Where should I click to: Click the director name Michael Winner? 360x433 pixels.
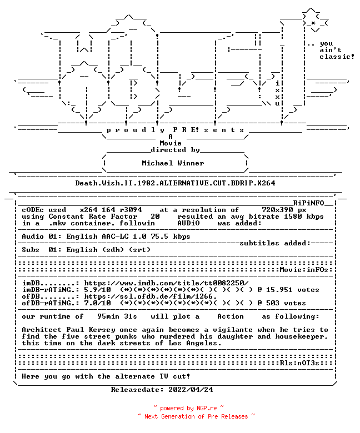click(x=173, y=163)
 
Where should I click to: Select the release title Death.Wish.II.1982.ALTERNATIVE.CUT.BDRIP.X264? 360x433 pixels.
click(x=175, y=183)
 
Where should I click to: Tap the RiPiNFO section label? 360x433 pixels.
click(x=308, y=203)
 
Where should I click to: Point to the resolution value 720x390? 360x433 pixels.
click(x=277, y=210)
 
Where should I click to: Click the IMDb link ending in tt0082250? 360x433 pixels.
click(x=166, y=283)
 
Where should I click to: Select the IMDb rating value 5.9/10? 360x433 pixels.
click(x=98, y=290)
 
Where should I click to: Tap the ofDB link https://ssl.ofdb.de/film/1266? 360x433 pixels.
click(x=151, y=296)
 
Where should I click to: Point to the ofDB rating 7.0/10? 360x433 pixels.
click(x=98, y=303)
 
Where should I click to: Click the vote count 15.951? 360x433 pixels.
click(x=279, y=290)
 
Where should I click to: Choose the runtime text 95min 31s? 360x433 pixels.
click(x=117, y=316)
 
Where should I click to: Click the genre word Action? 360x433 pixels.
click(x=231, y=316)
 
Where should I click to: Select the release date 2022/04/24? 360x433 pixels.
click(x=191, y=390)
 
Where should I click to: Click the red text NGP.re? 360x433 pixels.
click(x=207, y=408)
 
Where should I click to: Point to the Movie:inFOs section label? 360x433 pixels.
click(x=304, y=270)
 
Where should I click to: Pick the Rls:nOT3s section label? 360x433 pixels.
click(x=299, y=363)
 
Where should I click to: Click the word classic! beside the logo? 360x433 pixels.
click(x=337, y=57)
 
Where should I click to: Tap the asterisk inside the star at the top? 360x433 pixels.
click(x=313, y=23)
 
